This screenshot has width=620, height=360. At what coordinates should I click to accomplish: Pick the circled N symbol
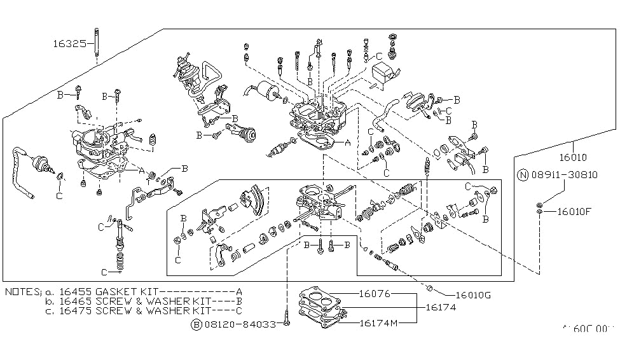point(522,175)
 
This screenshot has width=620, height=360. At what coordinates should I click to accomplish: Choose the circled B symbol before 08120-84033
point(197,324)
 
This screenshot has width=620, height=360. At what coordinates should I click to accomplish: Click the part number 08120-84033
point(240,324)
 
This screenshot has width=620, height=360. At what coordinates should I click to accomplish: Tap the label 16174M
point(379,323)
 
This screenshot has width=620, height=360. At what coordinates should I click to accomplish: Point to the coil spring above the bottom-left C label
point(117,260)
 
